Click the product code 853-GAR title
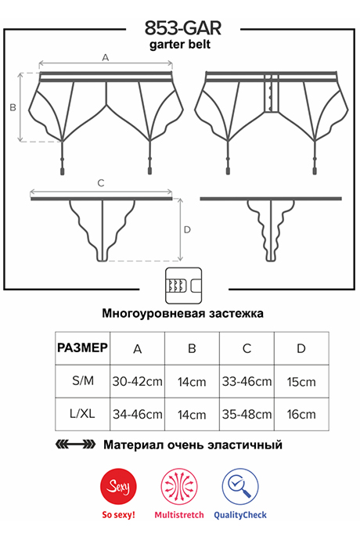tap(182, 28)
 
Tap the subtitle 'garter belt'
tap(180, 45)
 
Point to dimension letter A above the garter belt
tap(106, 57)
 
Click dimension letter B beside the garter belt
tap(13, 107)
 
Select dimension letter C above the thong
tap(101, 183)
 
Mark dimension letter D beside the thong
tap(187, 230)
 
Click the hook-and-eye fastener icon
tap(183, 286)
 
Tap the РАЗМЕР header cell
tap(83, 347)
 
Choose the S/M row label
tap(83, 381)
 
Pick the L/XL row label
tap(82, 414)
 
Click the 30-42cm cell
tap(138, 382)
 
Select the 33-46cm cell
tap(247, 382)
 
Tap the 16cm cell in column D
tap(301, 414)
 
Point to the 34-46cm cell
tap(138, 414)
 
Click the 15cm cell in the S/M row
tap(301, 382)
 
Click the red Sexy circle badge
tap(118, 487)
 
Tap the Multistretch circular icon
tap(179, 487)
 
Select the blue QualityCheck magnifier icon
tap(240, 487)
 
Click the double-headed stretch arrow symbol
tap(75, 445)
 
